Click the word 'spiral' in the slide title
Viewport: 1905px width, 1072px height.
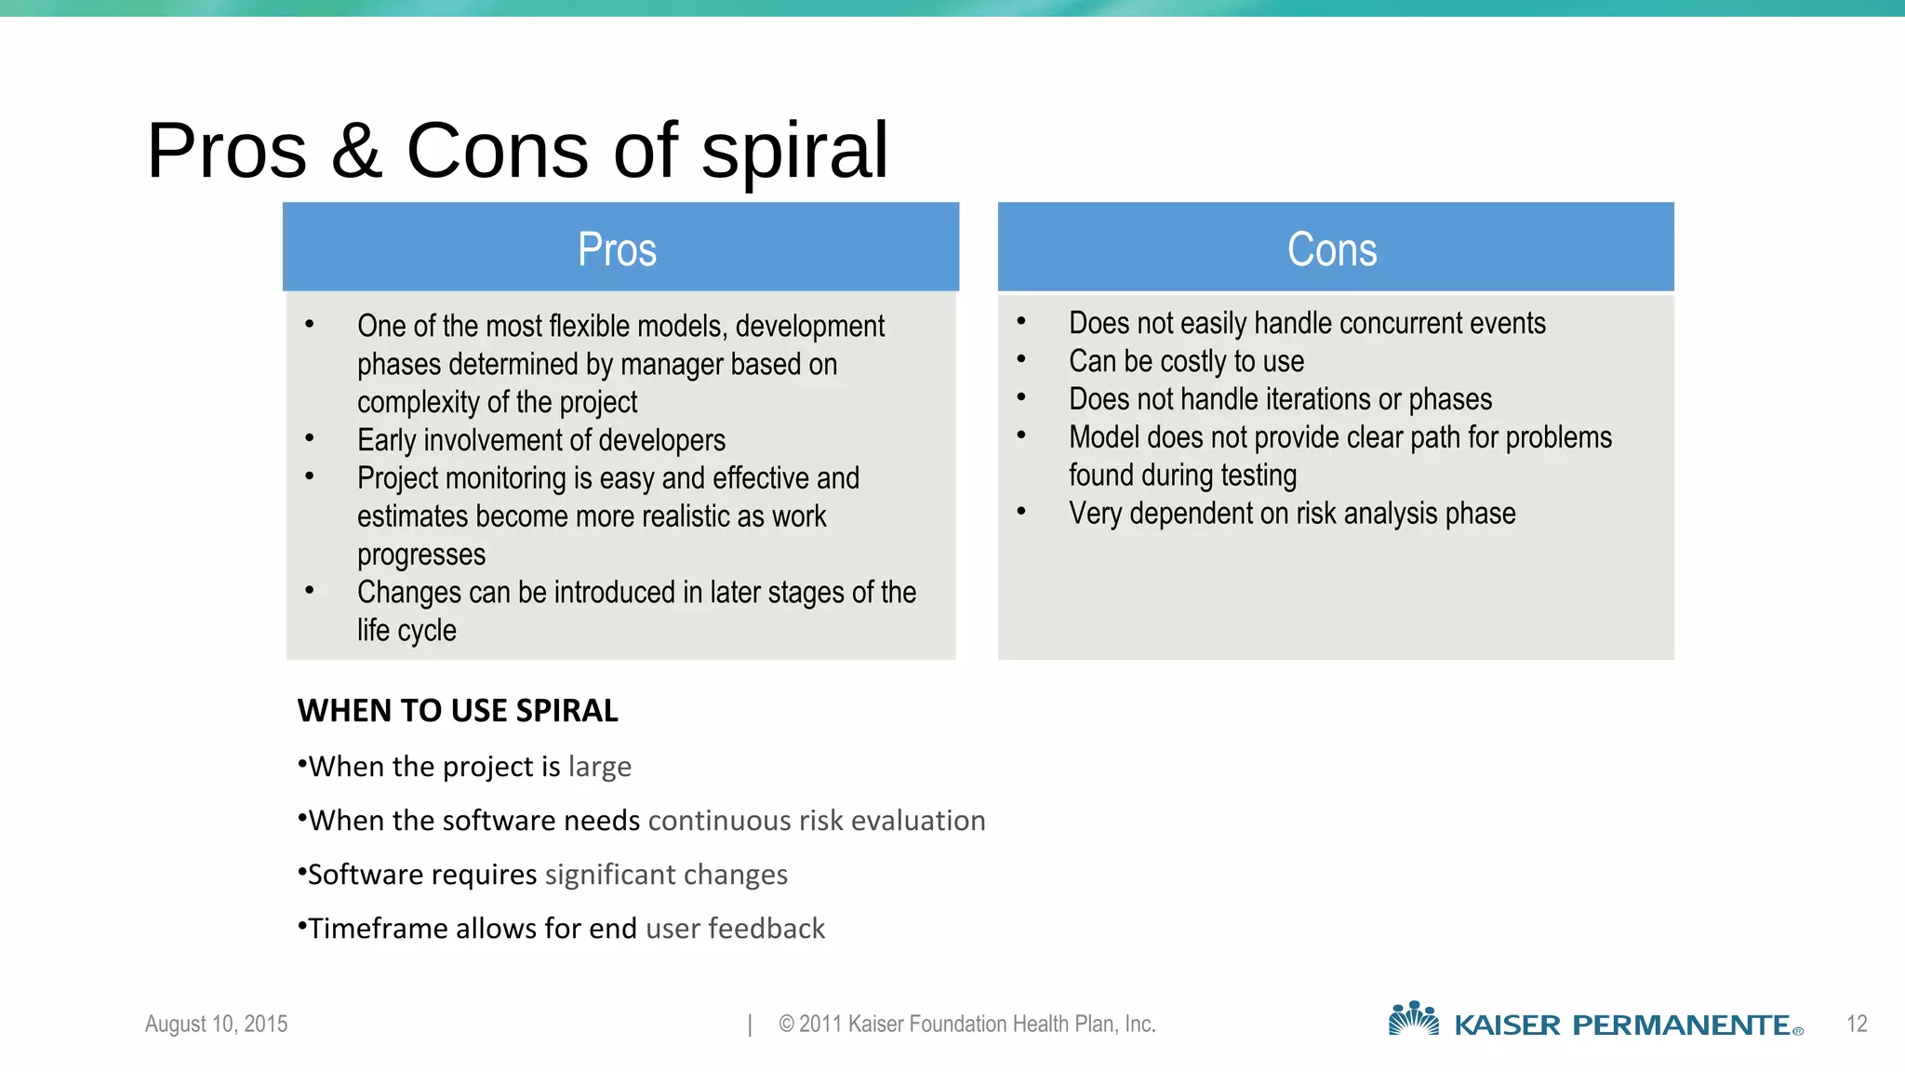pyautogui.click(x=794, y=151)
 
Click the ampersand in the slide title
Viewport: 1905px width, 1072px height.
pyautogui.click(x=356, y=151)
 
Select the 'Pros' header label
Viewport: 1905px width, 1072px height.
pyautogui.click(x=617, y=249)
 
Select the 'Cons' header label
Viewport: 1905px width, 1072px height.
pyautogui.click(x=1332, y=249)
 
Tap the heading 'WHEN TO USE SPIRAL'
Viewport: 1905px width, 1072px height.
pyautogui.click(x=458, y=711)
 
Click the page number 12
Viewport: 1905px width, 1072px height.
pyautogui.click(x=1857, y=1025)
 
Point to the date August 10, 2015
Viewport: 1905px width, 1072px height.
pyautogui.click(x=216, y=1025)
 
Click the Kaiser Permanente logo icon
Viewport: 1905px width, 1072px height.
pyautogui.click(x=1413, y=1020)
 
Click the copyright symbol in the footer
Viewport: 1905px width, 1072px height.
pyautogui.click(x=786, y=1025)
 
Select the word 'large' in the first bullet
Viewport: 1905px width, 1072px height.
pyautogui.click(x=600, y=767)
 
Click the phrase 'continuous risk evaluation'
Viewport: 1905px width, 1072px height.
pyautogui.click(x=817, y=821)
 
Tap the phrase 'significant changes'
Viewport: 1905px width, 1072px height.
pyautogui.click(x=666, y=875)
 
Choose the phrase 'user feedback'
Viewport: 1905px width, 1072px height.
pyautogui.click(x=735, y=929)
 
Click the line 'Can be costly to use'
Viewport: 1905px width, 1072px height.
pyautogui.click(x=1186, y=361)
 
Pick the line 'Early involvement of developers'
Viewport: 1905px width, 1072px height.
pyautogui.click(x=540, y=440)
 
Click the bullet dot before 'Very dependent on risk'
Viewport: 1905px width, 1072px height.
pyautogui.click(x=1021, y=511)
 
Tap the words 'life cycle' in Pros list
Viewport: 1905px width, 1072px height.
pyautogui.click(x=406, y=631)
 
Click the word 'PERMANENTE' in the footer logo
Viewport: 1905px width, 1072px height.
pyautogui.click(x=1681, y=1025)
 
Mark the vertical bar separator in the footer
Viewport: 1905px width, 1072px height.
pyautogui.click(x=750, y=1025)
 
